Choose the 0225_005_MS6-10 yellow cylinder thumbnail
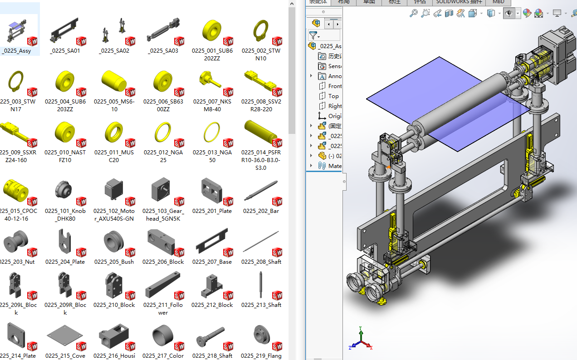coord(113,82)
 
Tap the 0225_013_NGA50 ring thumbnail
coord(212,133)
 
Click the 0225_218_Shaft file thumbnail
coord(212,337)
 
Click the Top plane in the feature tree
coord(333,96)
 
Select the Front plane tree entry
coord(335,86)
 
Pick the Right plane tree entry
coord(335,106)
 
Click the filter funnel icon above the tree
coord(313,35)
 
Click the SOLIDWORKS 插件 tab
coord(459,2)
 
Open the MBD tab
coord(498,2)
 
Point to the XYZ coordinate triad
coord(361,340)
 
